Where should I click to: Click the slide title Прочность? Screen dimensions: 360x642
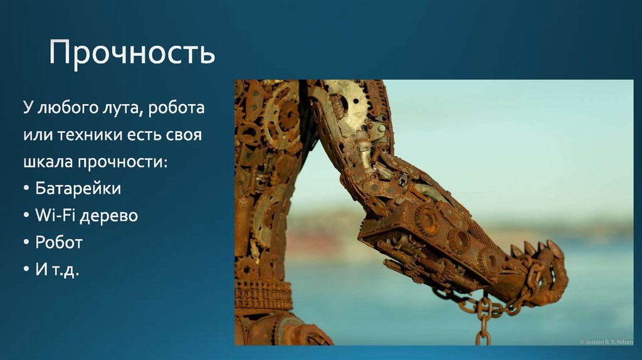tap(132, 53)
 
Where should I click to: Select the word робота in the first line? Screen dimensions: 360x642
tap(178, 108)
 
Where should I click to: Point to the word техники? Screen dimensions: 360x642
tap(88, 135)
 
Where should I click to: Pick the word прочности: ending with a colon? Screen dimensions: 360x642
tap(123, 162)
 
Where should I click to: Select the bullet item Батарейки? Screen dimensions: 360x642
tap(78, 188)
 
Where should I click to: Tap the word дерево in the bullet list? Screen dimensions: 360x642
tap(110, 216)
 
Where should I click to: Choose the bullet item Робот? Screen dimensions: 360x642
tap(59, 242)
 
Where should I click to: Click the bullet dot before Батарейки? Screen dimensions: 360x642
tap(27, 189)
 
